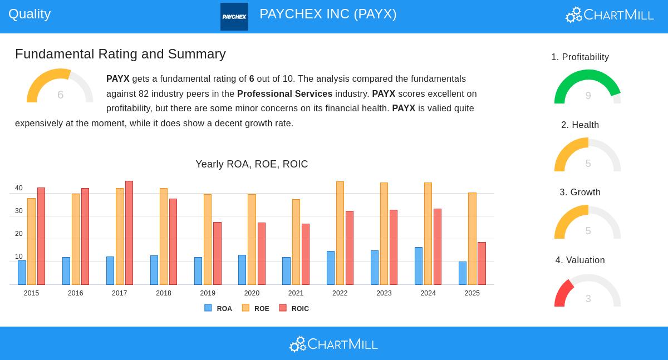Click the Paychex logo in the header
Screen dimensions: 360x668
pos(234,17)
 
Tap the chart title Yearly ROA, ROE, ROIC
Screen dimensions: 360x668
pos(252,164)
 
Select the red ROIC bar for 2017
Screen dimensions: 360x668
pos(129,233)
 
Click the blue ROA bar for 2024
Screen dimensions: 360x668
pos(419,266)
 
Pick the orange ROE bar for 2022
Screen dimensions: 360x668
pos(340,233)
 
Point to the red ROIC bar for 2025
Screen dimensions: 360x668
pos(482,263)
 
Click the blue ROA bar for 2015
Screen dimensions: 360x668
pos(22,273)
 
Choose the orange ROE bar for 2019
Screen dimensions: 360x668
pos(208,239)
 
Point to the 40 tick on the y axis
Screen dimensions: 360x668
pos(19,189)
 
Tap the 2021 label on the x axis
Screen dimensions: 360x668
pos(296,293)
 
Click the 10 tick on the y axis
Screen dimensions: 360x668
pos(19,257)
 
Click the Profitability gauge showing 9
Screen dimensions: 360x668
pos(588,88)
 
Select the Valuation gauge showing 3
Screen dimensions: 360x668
pos(588,291)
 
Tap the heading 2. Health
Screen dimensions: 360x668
pos(580,125)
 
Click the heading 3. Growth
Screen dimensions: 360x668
pos(580,193)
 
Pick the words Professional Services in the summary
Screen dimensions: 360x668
pos(284,94)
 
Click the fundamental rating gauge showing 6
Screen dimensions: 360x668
pos(60,87)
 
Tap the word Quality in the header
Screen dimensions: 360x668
pos(30,14)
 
